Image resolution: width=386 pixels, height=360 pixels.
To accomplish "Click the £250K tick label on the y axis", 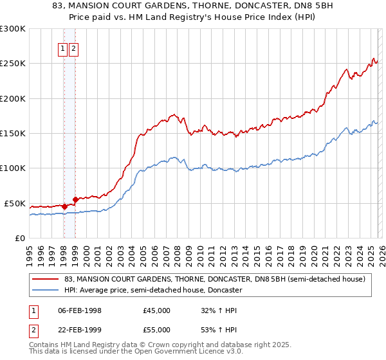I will tap(13, 64).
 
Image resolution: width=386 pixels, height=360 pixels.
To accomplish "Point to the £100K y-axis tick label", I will tap(13, 168).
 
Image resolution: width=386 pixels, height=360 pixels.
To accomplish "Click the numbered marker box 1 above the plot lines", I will tap(63, 49).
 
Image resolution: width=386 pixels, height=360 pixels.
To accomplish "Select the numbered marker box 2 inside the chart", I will tap(73, 49).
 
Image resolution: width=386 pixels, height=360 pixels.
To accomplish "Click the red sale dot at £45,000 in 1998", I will tap(64, 206).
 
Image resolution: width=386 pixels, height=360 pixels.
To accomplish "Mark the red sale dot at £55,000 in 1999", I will tap(76, 199).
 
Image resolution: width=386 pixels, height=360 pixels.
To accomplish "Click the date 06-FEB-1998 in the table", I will tap(79, 310).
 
